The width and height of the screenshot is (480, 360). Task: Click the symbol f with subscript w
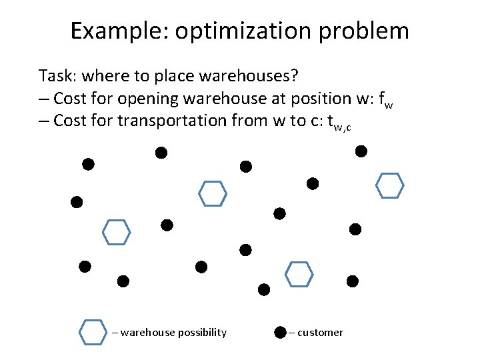[385, 100]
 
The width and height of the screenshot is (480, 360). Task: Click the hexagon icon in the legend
[93, 332]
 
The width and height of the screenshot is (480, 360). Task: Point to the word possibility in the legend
[201, 332]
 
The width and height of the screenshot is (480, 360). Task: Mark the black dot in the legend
[280, 332]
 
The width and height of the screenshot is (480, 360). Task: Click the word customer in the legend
[320, 332]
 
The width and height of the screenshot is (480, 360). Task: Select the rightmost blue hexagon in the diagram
[390, 186]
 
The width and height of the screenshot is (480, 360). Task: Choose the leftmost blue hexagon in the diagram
[115, 231]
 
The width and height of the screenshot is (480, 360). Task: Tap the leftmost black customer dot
[77, 201]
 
